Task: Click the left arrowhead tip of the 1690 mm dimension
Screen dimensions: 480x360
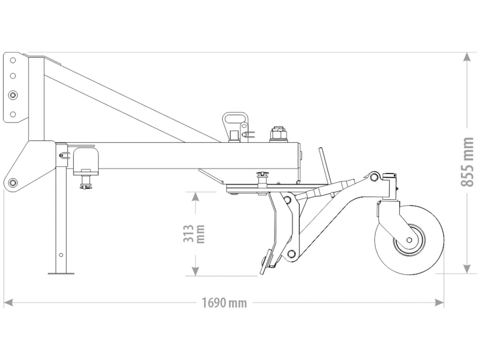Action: click(x=4, y=303)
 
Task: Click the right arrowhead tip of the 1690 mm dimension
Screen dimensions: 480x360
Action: click(x=444, y=303)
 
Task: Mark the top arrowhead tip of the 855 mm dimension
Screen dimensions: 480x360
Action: click(x=467, y=53)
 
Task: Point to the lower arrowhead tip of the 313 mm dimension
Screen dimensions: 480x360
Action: click(x=195, y=276)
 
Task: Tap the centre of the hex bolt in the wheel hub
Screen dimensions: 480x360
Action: click(x=409, y=240)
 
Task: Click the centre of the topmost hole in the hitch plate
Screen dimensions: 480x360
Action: click(x=13, y=60)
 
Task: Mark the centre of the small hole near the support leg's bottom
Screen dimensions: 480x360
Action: click(x=61, y=255)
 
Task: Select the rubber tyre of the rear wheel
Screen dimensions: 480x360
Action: click(x=409, y=240)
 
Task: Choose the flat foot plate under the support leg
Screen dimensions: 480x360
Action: click(x=61, y=273)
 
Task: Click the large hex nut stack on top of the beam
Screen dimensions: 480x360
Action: click(x=278, y=134)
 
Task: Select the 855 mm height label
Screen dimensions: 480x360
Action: click(x=467, y=162)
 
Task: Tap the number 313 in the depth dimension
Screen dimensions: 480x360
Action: click(x=188, y=233)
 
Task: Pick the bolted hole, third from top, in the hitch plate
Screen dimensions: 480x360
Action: click(x=13, y=95)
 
